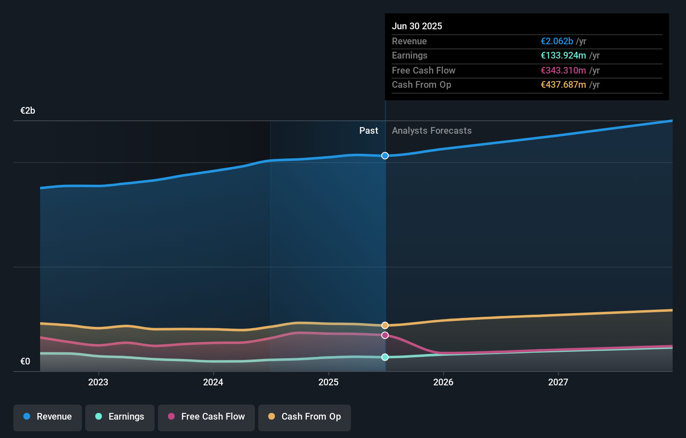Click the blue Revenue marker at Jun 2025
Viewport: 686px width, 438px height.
[x=385, y=155]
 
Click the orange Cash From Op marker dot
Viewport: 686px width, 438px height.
[x=385, y=325]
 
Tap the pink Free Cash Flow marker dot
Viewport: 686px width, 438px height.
[x=385, y=335]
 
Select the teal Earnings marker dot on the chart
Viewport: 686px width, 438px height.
[x=385, y=357]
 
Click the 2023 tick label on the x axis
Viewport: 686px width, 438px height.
[x=98, y=382]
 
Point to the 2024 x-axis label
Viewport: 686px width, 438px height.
[x=213, y=382]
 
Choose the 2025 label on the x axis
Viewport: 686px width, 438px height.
[x=328, y=382]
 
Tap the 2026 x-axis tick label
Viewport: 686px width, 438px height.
[x=443, y=382]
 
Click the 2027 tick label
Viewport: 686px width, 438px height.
[x=558, y=382]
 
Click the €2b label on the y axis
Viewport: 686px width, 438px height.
[x=28, y=110]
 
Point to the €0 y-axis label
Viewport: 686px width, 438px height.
[x=25, y=361]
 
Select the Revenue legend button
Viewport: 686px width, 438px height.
[x=48, y=417]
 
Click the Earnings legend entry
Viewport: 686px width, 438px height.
[x=120, y=417]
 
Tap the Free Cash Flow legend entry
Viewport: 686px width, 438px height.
[x=206, y=417]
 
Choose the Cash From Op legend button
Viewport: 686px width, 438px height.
[x=305, y=417]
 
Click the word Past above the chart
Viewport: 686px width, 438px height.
[x=368, y=130]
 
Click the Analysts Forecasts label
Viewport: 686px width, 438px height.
[x=432, y=130]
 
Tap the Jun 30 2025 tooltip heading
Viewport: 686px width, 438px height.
[x=417, y=26]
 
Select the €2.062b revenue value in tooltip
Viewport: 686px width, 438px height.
[x=557, y=41]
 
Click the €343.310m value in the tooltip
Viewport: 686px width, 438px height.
[x=563, y=70]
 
